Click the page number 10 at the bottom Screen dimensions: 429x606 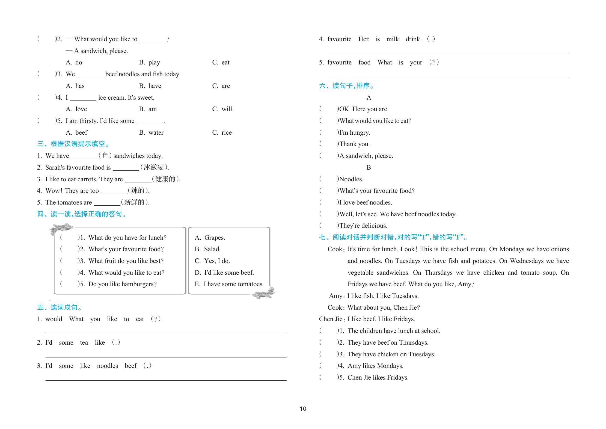303,409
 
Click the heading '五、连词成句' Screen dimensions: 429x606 60,307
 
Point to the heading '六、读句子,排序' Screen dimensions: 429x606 346,86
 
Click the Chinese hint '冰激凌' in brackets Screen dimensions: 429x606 154,167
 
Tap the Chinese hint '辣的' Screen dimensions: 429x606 138,191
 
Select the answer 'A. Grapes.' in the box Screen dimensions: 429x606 210,238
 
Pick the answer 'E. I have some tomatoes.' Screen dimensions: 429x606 229,284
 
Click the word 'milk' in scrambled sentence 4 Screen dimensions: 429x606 393,39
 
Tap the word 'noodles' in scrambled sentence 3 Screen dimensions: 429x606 108,366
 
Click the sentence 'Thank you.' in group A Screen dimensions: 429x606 354,144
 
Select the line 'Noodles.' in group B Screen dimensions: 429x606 351,179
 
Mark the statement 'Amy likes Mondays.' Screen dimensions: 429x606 375,366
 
